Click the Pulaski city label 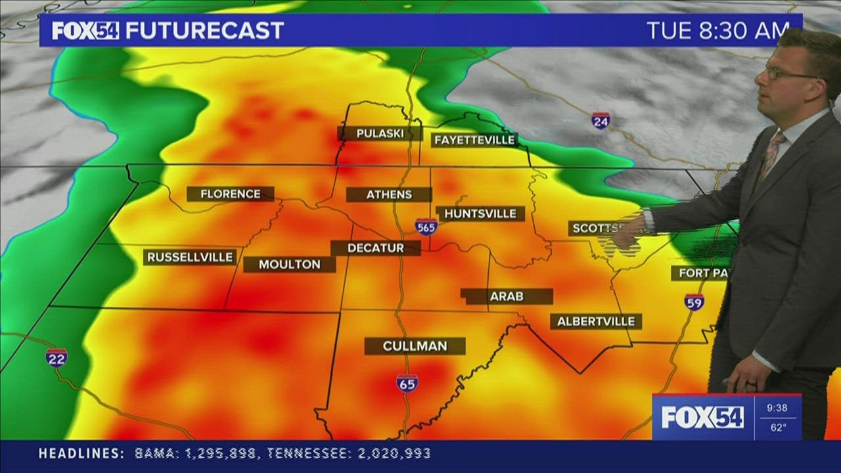379,133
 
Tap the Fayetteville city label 474,140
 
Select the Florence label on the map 230,194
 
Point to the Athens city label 389,194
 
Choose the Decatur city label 375,248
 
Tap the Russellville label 190,257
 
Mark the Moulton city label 289,264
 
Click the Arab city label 506,296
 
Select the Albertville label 595,321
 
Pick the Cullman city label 415,346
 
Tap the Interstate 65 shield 407,383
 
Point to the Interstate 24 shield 600,121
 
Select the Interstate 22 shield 56,357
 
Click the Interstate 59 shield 694,302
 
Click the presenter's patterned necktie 769,154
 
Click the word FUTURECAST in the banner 204,30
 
